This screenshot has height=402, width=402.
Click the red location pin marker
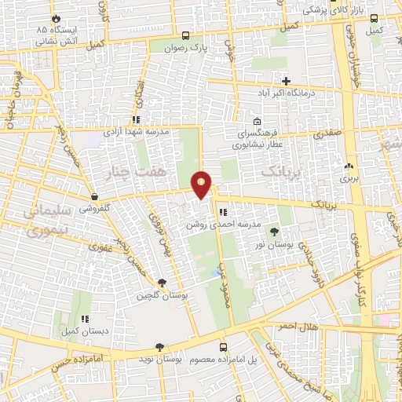pyautogui.click(x=202, y=185)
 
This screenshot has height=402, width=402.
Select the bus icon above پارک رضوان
pyautogui.click(x=185, y=35)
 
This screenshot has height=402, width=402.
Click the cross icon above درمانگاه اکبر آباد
pyautogui.click(x=286, y=81)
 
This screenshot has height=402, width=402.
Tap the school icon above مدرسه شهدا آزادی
pyautogui.click(x=136, y=120)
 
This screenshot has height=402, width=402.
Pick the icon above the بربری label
pyautogui.click(x=348, y=166)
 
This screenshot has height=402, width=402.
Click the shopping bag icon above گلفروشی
pyautogui.click(x=94, y=196)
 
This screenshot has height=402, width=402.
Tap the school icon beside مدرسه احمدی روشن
pyautogui.click(x=223, y=212)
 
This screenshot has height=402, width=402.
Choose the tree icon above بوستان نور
pyautogui.click(x=273, y=232)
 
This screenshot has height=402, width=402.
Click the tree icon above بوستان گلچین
pyautogui.click(x=162, y=283)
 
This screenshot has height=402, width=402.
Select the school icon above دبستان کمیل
pyautogui.click(x=84, y=319)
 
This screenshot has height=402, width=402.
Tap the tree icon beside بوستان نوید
pyautogui.click(x=160, y=346)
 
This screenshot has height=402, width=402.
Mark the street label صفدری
pyautogui.click(x=328, y=134)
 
